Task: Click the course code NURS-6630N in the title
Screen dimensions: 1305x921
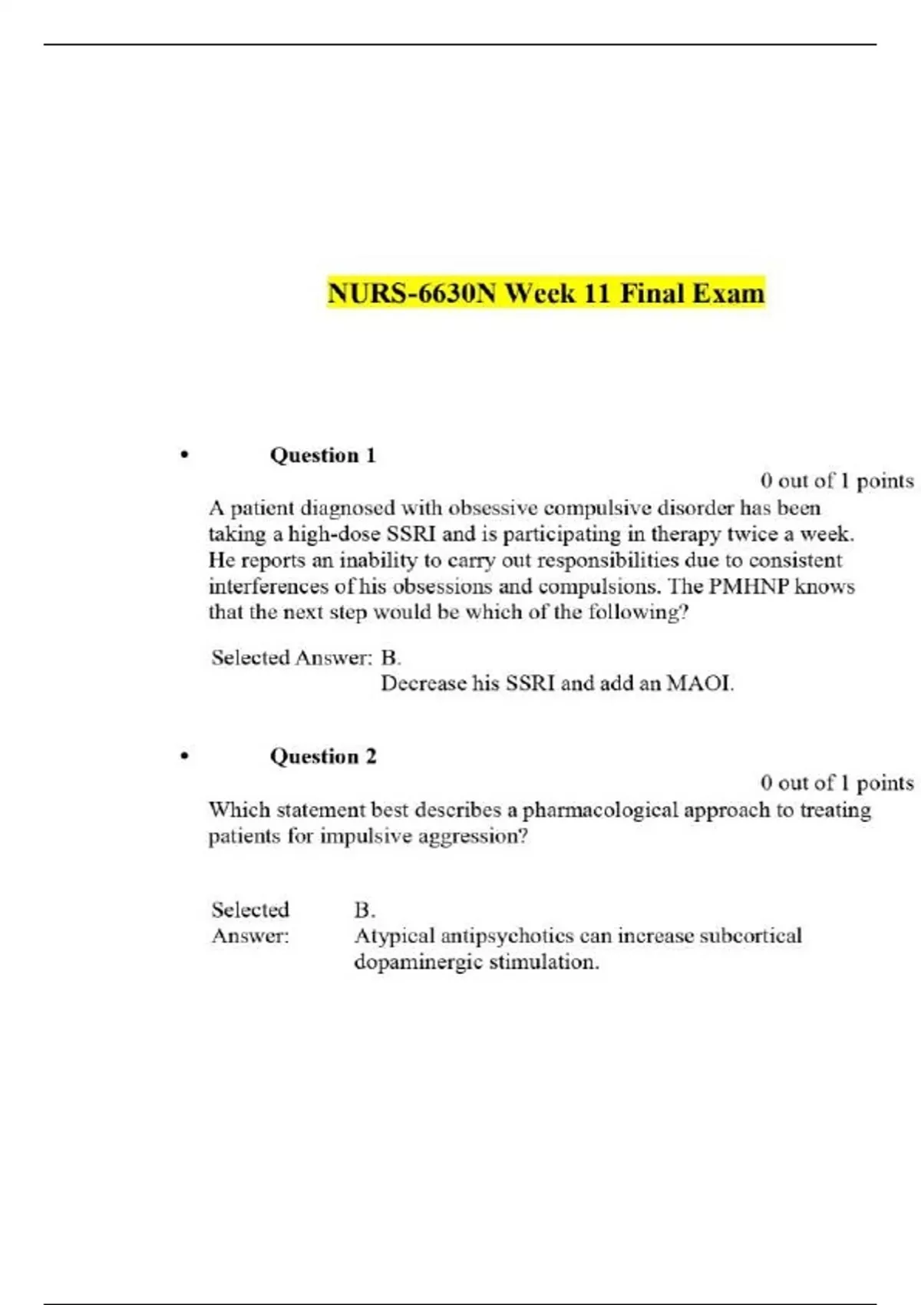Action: pyautogui.click(x=411, y=293)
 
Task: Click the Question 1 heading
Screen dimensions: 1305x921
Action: pyautogui.click(x=322, y=455)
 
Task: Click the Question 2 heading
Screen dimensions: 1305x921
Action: pyautogui.click(x=322, y=757)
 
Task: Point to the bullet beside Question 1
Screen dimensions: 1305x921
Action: pyautogui.click(x=184, y=455)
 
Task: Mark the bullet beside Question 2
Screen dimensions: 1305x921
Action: pyautogui.click(x=184, y=757)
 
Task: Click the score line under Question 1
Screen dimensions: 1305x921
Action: pyautogui.click(x=837, y=481)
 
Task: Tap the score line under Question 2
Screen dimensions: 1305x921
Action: pyautogui.click(x=837, y=783)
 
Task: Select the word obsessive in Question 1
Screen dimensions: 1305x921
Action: pyautogui.click(x=493, y=508)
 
